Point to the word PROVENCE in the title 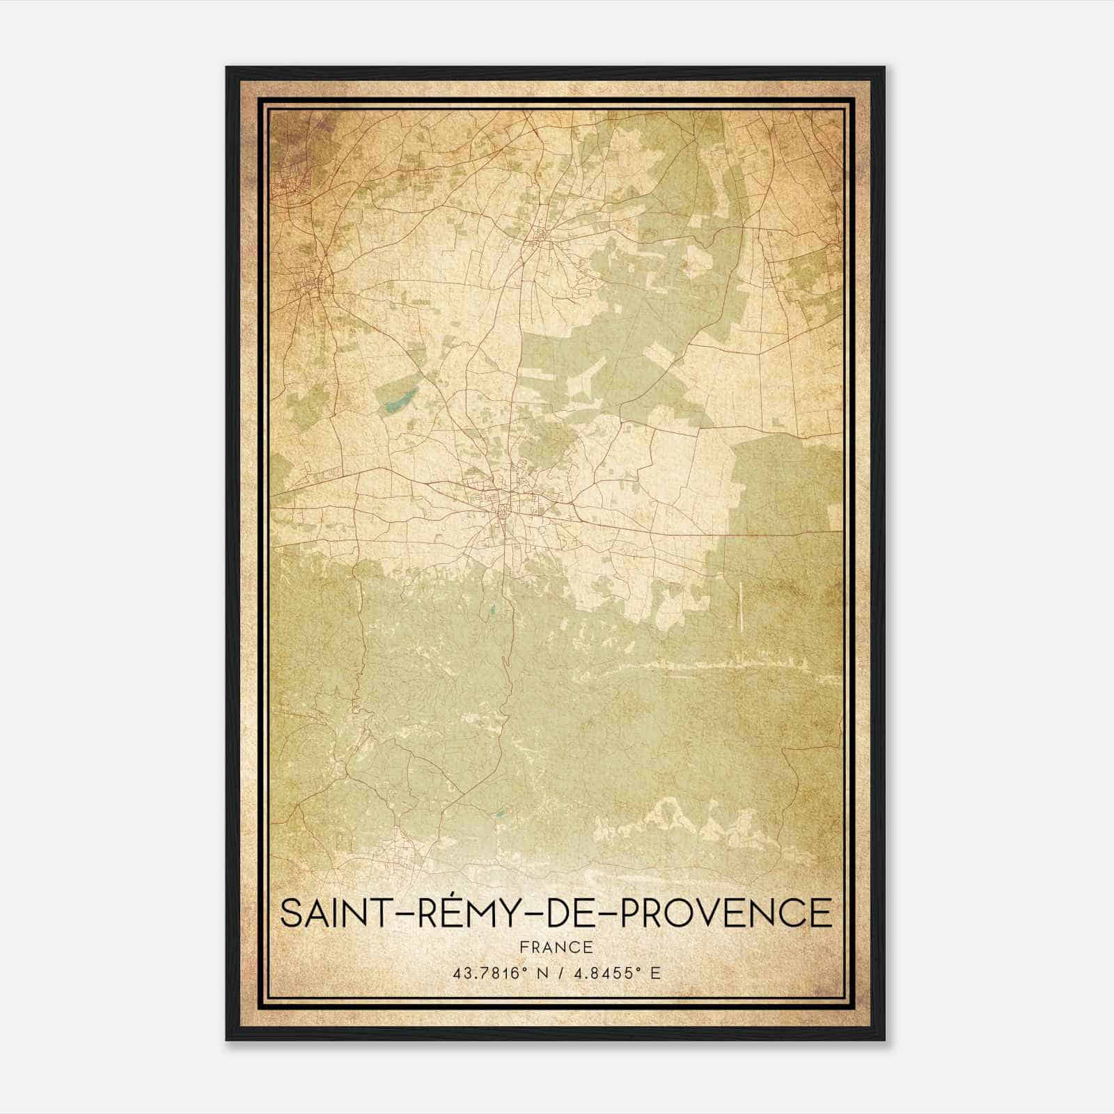pyautogui.click(x=726, y=913)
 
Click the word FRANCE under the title pyautogui.click(x=556, y=948)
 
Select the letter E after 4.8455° pyautogui.click(x=654, y=973)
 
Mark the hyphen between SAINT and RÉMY pyautogui.click(x=408, y=914)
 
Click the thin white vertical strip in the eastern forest pyautogui.click(x=740, y=603)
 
